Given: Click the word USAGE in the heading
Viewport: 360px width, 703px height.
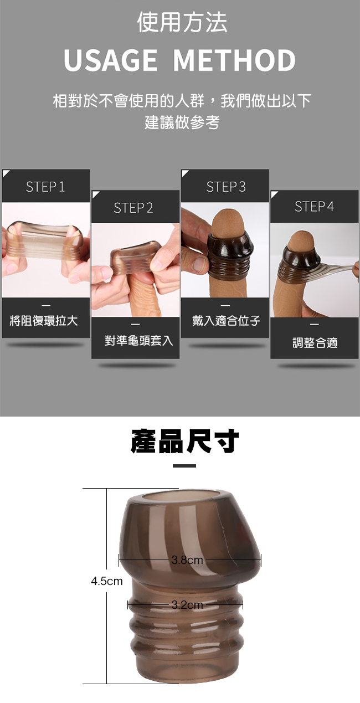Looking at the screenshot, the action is click(x=110, y=60).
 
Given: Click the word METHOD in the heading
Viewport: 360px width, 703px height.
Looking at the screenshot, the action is click(x=234, y=60).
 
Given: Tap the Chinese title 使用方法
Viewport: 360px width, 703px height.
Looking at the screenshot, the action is click(x=182, y=22).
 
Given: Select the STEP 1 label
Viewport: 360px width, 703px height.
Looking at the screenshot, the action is click(x=45, y=187).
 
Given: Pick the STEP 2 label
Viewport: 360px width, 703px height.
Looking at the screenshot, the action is click(x=133, y=208).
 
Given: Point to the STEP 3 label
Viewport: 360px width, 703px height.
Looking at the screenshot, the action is click(x=225, y=187).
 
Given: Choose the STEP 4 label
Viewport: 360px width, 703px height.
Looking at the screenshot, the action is click(x=314, y=207).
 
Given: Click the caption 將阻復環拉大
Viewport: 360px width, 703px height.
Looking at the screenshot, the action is click(x=44, y=321).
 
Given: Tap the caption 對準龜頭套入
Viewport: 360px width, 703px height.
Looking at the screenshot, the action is click(x=139, y=341).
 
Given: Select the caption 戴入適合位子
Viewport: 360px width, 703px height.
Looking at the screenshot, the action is click(x=227, y=321).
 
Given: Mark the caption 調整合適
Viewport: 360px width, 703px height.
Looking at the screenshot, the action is click(x=315, y=343).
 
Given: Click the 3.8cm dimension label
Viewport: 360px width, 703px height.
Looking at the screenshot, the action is click(x=187, y=560).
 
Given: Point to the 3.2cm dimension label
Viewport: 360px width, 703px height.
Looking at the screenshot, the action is click(x=187, y=605).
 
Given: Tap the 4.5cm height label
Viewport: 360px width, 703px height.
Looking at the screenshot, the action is click(x=107, y=581).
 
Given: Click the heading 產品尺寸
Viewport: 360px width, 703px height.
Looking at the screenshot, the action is click(x=185, y=442).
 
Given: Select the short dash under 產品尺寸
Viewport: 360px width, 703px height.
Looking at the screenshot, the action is click(x=184, y=466).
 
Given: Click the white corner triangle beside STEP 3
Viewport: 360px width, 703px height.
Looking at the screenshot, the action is click(x=184, y=173).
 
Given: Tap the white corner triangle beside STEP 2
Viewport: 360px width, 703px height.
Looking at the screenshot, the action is click(x=95, y=194).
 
